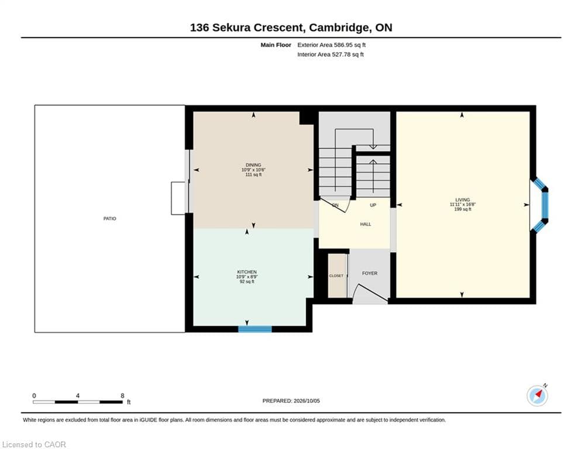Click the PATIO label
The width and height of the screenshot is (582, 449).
click(x=109, y=219)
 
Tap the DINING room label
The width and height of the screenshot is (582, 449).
click(x=253, y=165)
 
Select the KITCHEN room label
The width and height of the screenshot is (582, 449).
click(x=247, y=272)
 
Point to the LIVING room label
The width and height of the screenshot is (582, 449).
click(x=463, y=199)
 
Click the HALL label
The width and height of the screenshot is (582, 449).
click(x=366, y=224)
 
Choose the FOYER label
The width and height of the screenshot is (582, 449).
click(x=370, y=273)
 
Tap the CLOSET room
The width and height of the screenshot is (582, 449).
click(x=337, y=276)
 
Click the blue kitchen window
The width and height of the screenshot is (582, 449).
click(x=255, y=329)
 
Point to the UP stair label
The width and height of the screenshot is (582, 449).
click(x=373, y=205)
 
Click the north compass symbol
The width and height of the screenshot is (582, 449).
click(x=537, y=396)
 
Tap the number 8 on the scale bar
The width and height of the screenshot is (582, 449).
click(x=122, y=396)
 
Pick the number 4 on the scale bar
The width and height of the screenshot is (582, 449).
click(x=78, y=396)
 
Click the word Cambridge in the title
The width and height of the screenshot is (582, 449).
click(x=339, y=27)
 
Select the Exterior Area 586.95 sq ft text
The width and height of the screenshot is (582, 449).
click(x=332, y=45)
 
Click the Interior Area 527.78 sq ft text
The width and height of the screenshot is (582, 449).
click(x=330, y=54)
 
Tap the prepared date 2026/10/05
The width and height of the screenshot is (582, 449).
click(x=307, y=400)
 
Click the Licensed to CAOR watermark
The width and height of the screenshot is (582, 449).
click(x=34, y=444)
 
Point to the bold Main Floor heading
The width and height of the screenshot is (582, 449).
click(x=275, y=45)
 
